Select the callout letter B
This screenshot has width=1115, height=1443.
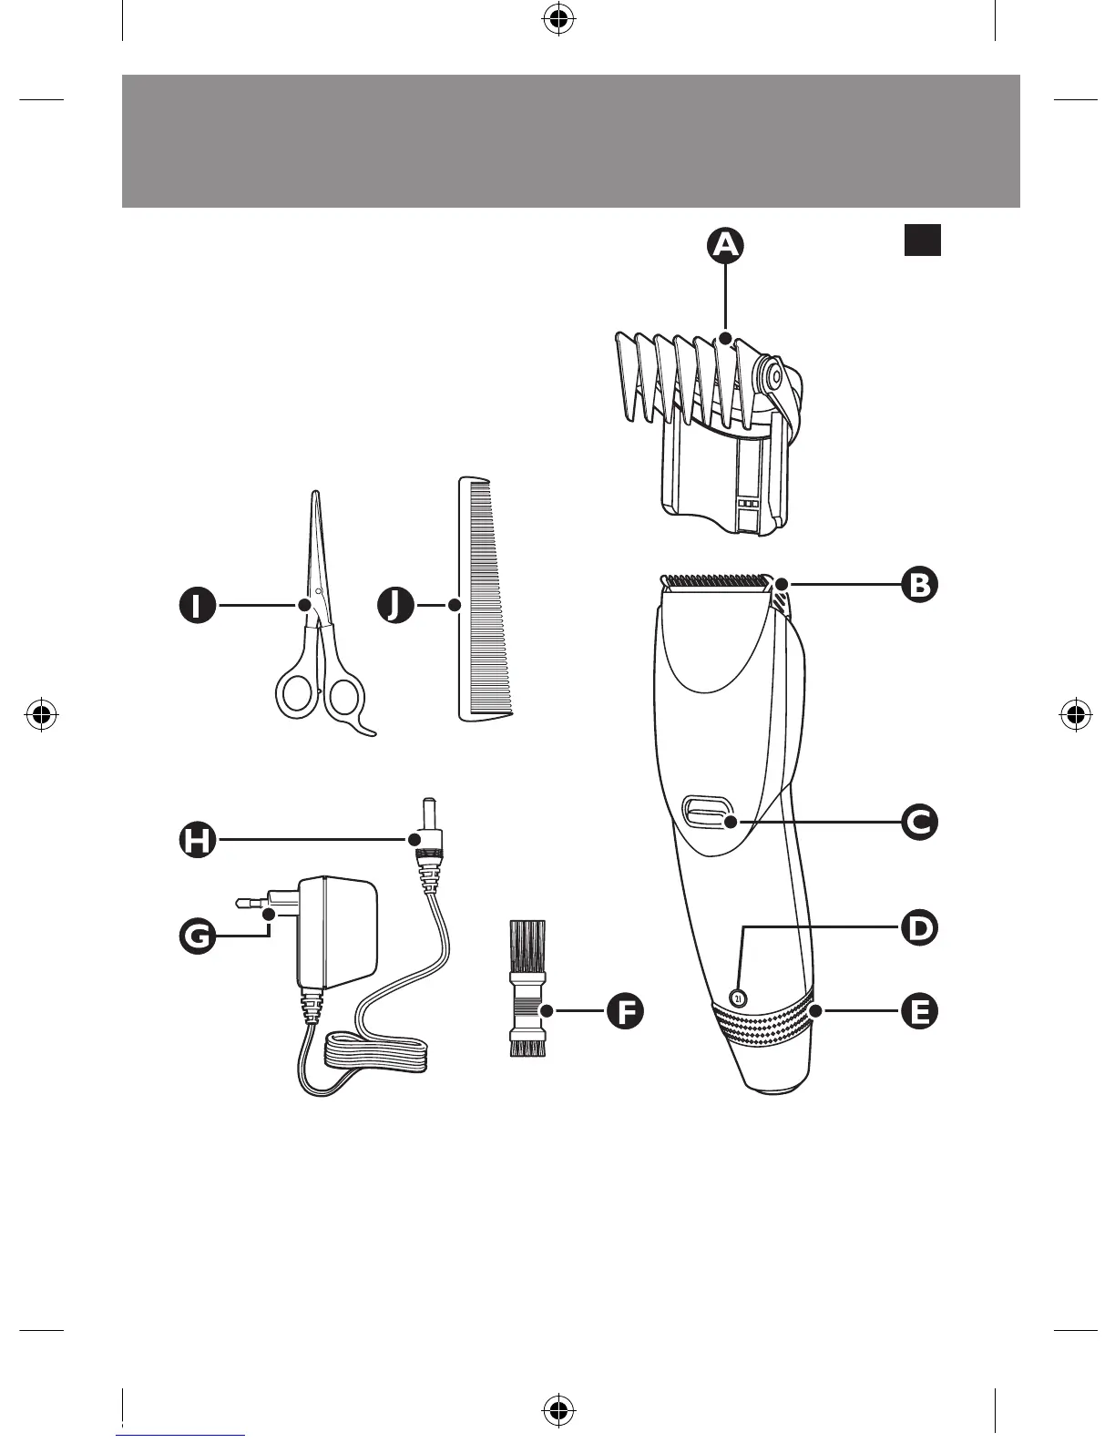(x=920, y=584)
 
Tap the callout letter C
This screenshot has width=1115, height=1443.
(x=920, y=823)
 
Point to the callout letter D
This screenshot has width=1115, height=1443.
(x=920, y=928)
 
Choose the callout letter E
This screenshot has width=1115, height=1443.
(x=920, y=1011)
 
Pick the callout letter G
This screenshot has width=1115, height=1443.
(x=197, y=935)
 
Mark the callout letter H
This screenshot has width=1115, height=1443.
(x=197, y=839)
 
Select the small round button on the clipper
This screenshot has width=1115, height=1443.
(x=738, y=998)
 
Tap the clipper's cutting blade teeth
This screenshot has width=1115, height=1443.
(x=712, y=580)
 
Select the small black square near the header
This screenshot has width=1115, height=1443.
(x=922, y=240)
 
